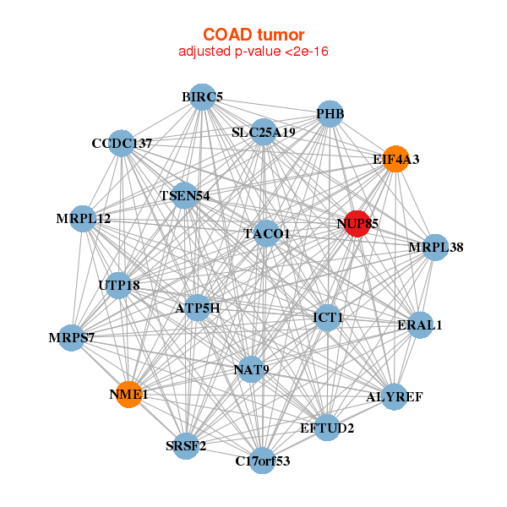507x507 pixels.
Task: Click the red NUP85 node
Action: (357, 224)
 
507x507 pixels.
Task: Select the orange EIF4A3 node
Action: (395, 159)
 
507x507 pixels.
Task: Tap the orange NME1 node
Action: (129, 394)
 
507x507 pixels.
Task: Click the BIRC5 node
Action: (203, 97)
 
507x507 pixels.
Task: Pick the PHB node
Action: (330, 114)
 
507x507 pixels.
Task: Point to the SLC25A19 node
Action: (264, 132)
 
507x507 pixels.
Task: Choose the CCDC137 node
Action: (122, 144)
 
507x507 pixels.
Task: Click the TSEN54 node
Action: (184, 196)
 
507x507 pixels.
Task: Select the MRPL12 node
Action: (83, 219)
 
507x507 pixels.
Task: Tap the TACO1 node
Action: (266, 233)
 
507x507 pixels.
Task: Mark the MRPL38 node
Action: (435, 248)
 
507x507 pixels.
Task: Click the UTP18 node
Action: (119, 286)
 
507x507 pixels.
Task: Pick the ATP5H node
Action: (197, 308)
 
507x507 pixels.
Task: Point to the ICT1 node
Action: (328, 318)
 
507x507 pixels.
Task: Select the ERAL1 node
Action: (420, 325)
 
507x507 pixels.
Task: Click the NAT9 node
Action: (251, 369)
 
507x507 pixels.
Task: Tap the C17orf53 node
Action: (263, 461)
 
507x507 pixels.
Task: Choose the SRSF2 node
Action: (186, 446)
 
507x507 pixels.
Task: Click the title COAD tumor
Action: (253, 35)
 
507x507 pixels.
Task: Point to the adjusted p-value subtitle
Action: (253, 52)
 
